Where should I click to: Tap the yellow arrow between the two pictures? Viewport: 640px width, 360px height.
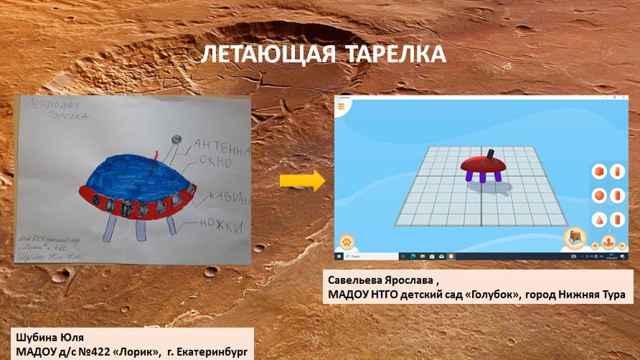[x=302, y=181]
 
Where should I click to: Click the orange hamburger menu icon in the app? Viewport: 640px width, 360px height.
[x=342, y=106]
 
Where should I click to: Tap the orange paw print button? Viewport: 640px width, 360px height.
[x=349, y=241]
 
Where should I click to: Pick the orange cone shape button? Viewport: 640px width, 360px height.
[x=598, y=219]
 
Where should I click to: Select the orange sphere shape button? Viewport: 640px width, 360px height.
[x=598, y=196]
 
